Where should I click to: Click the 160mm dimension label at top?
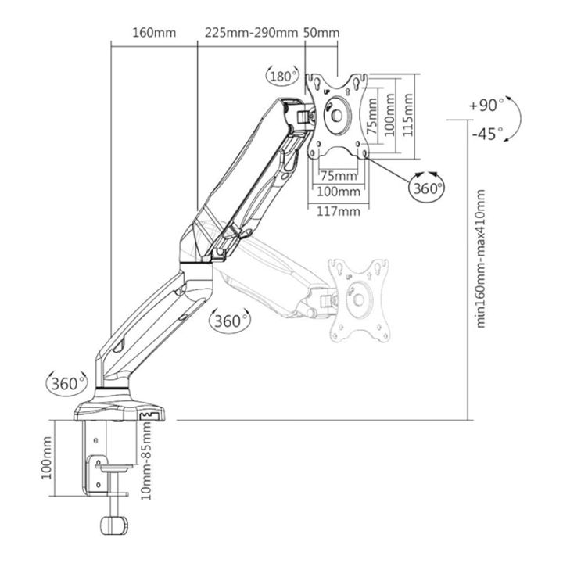coord(154,33)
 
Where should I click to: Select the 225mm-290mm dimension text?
coord(251,33)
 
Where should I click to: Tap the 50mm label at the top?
coord(321,33)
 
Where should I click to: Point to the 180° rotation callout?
coord(282,76)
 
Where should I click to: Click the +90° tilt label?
coord(486,106)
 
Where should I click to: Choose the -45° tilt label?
coord(487,134)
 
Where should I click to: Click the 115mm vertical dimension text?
coord(407,115)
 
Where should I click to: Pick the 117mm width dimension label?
coord(339,211)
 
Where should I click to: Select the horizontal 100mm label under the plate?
coord(339,192)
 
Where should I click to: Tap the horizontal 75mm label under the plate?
coord(339,176)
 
